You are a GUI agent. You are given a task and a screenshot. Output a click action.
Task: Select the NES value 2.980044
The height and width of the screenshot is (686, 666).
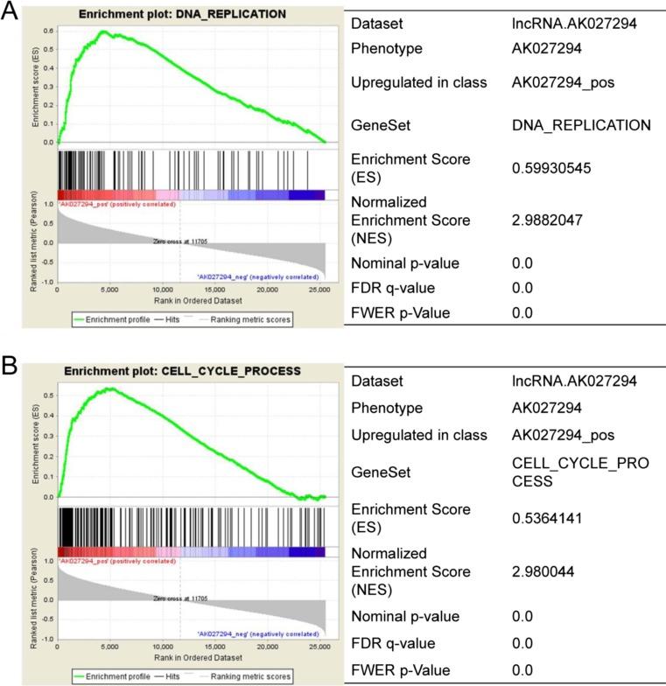[x=549, y=572]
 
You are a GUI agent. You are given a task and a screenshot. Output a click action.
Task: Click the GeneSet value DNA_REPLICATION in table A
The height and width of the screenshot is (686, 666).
[x=581, y=125]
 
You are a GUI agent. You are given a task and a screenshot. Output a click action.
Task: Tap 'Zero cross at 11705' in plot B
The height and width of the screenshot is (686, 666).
[x=179, y=598]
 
